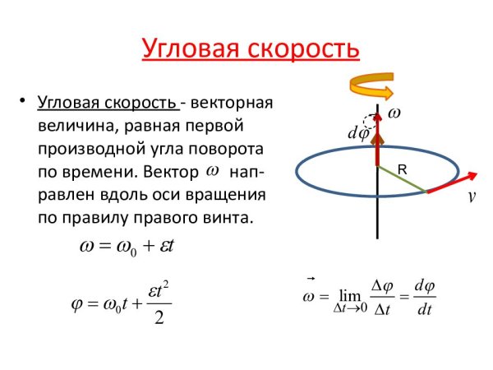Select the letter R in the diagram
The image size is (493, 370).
pyautogui.click(x=403, y=169)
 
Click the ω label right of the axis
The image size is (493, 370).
pyautogui.click(x=395, y=111)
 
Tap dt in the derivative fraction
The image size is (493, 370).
pyautogui.click(x=424, y=310)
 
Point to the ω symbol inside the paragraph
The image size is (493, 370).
pyautogui.click(x=212, y=170)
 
